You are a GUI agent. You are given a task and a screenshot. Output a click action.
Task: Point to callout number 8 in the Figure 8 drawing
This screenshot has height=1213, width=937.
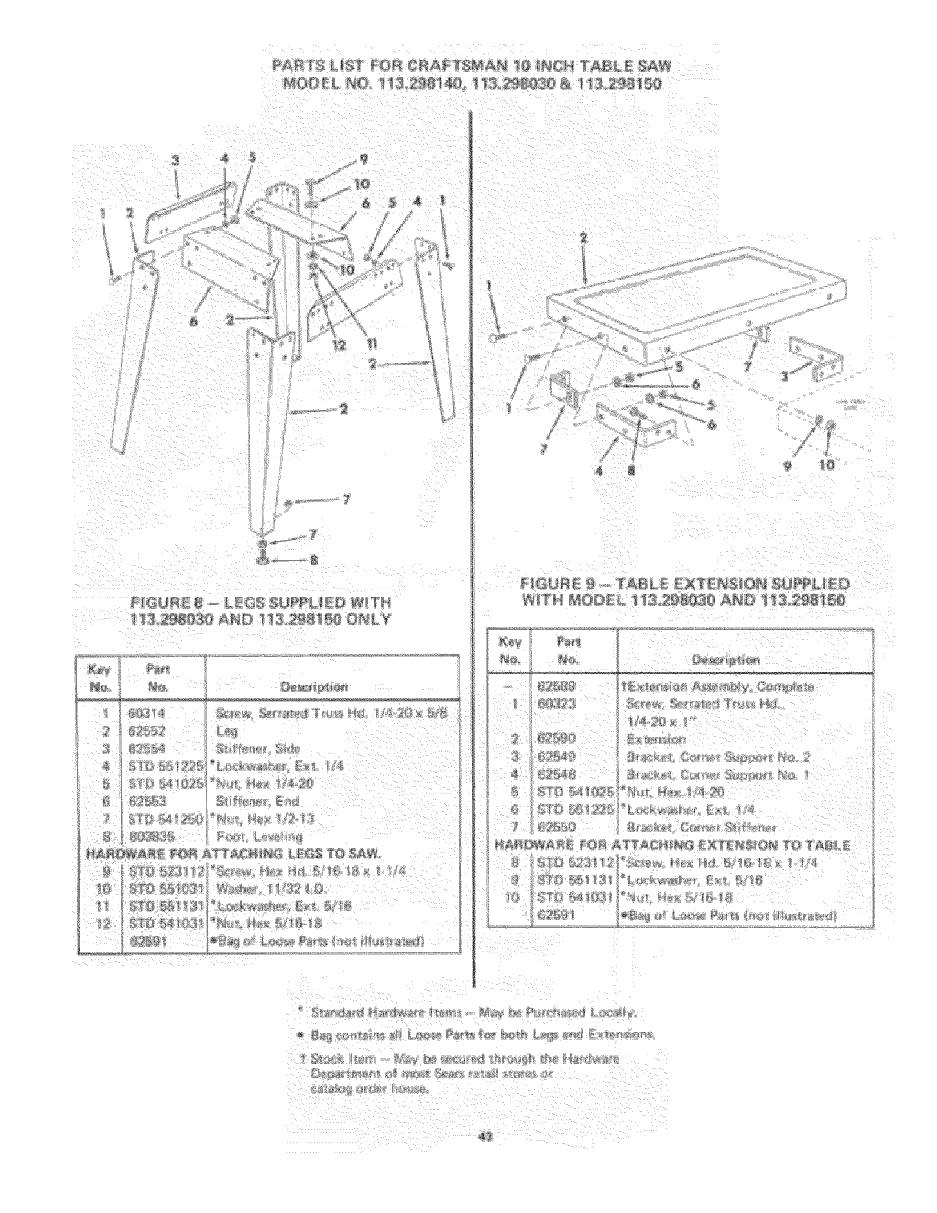[334, 559]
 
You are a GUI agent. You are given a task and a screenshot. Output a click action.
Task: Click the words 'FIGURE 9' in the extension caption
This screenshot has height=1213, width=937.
[537, 583]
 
